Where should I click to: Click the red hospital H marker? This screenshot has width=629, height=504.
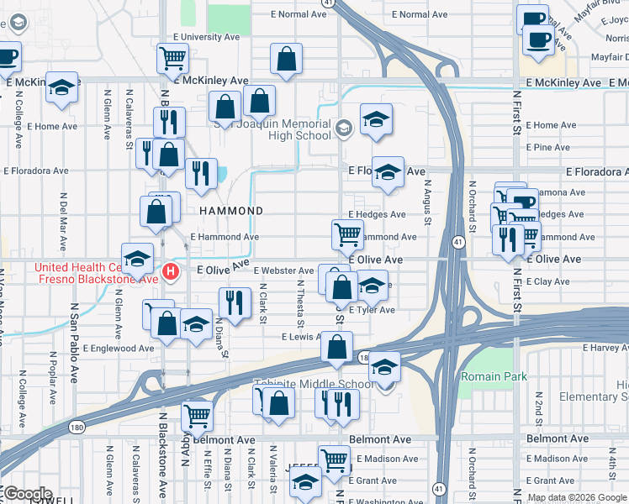point(171,271)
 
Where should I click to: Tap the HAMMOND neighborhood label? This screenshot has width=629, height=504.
point(230,211)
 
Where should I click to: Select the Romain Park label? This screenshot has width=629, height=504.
point(494,376)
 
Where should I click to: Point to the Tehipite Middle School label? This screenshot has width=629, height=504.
point(314,385)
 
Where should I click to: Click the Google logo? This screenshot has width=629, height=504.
point(28,494)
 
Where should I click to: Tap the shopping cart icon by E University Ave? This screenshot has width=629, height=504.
point(172,59)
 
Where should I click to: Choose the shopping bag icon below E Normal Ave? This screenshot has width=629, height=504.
point(286,59)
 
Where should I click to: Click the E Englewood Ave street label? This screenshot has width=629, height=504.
point(119,348)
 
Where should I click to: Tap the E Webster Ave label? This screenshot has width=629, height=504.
point(285,270)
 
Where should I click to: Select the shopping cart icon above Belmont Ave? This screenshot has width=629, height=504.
point(197,413)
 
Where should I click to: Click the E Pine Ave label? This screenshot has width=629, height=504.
point(547,148)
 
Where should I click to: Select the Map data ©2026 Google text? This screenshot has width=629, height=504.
point(576,497)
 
